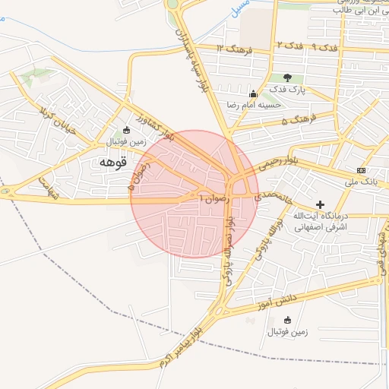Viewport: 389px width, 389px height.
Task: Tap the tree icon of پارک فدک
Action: [x=287, y=77]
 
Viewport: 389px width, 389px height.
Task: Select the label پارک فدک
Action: [x=289, y=90]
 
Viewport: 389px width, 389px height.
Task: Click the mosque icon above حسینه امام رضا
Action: [x=252, y=94]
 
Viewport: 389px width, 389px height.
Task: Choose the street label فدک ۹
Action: [x=324, y=47]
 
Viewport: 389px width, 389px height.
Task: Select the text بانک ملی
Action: [x=361, y=182]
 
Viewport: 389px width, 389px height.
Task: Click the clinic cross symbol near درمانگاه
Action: [x=320, y=204]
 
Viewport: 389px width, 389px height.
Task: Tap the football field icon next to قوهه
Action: [x=126, y=130]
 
